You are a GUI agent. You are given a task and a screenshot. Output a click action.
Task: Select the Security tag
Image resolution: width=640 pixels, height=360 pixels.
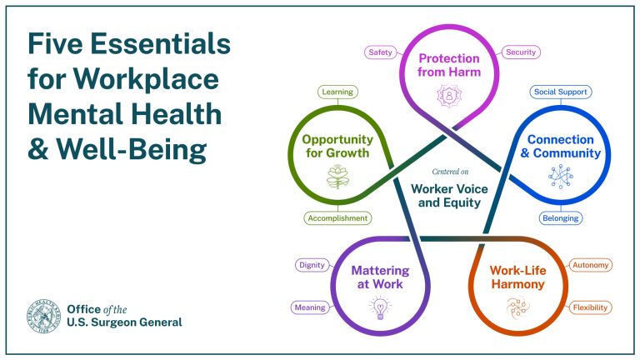pos(522,52)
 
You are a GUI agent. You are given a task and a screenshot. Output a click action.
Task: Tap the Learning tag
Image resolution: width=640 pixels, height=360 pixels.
pos(336,92)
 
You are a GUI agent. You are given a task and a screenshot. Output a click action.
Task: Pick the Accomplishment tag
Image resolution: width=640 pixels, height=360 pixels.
pos(336,218)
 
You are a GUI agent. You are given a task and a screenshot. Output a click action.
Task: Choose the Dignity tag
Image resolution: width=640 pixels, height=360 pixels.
pos(311,266)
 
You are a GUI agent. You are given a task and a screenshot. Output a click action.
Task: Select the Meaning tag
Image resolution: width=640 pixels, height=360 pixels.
pos(308,307)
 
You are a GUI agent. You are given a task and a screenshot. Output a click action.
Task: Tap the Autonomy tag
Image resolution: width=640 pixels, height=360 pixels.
pos(590,266)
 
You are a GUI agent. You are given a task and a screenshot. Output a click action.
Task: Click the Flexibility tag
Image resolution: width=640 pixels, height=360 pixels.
pos(590,307)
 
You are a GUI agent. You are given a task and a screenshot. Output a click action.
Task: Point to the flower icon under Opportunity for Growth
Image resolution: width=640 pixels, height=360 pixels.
pos(337,177)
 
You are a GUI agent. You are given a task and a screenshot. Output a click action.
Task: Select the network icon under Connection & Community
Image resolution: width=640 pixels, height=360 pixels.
pos(561,176)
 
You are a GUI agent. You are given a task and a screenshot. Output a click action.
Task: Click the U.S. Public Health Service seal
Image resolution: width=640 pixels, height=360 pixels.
pos(42,316)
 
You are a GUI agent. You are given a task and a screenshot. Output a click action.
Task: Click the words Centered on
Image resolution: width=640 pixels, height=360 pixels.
pos(449,172)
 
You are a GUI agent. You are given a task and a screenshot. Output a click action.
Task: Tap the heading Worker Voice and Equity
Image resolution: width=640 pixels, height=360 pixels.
pos(449,196)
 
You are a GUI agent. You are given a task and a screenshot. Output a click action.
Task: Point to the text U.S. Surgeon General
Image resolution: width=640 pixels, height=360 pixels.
pos(124,322)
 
